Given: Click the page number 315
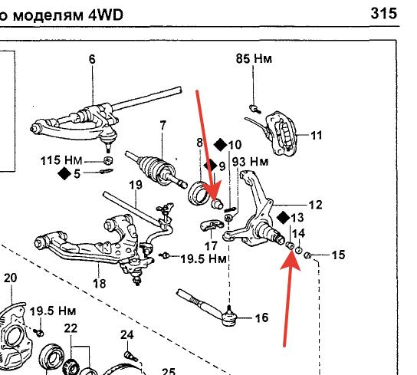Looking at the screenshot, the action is (x=384, y=13).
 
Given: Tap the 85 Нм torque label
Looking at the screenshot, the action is (x=254, y=58).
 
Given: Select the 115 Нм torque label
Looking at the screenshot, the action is (x=61, y=160).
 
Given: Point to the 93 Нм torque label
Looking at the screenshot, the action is (x=250, y=162).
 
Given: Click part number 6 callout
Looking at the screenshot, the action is (x=92, y=59).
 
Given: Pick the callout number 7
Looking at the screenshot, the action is (x=163, y=125).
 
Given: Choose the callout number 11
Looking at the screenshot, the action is (x=317, y=136).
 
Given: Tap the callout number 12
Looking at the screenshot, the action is (x=315, y=205).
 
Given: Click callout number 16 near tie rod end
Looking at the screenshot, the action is (x=261, y=317).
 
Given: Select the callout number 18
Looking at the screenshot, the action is (x=100, y=284).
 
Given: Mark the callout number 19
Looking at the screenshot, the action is (x=136, y=185).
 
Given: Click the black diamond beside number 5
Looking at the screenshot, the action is (x=64, y=173).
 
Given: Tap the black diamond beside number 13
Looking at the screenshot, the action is (x=283, y=218).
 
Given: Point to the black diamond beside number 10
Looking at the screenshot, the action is (x=221, y=145).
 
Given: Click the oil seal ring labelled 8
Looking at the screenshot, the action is (x=198, y=192).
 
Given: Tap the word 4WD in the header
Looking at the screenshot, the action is (x=106, y=15).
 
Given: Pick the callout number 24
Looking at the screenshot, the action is (x=126, y=335).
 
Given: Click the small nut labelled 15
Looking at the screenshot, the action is (x=307, y=255).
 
